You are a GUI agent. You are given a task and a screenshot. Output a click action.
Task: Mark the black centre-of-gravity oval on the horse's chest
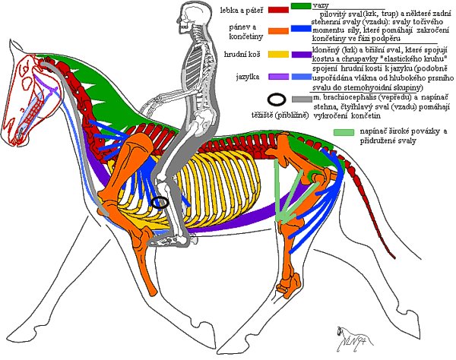(x=160, y=202)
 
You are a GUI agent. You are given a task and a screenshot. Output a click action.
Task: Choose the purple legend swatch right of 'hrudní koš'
(x=302, y=55)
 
